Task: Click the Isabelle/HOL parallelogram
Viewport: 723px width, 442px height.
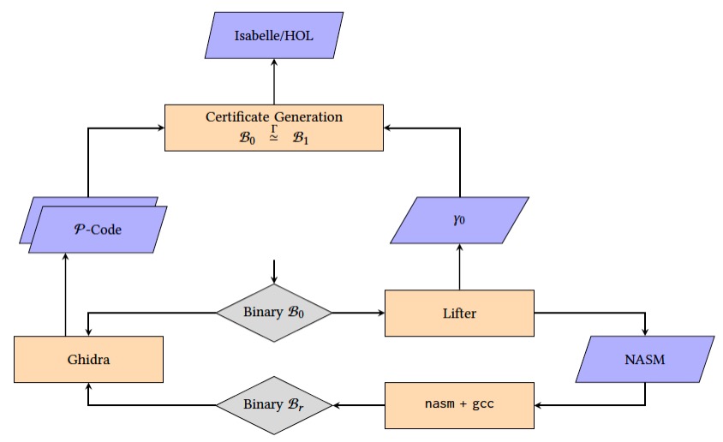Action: click(274, 35)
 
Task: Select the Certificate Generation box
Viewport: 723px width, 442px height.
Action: click(274, 128)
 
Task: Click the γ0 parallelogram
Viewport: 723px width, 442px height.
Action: click(460, 219)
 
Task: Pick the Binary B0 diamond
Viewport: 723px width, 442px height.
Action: click(273, 313)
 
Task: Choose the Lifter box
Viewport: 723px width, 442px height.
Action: click(460, 313)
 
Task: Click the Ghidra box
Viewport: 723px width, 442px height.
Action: click(88, 359)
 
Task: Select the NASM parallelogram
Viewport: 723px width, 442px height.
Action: click(645, 359)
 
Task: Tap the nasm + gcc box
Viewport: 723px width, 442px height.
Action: click(460, 404)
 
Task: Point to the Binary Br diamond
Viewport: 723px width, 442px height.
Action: click(273, 404)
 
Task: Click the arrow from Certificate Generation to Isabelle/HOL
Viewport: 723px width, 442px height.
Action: click(274, 81)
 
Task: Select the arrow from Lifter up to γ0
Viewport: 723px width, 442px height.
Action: click(460, 266)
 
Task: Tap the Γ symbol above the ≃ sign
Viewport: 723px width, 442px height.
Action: click(274, 128)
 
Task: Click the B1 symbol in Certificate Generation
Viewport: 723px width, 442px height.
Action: click(300, 139)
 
